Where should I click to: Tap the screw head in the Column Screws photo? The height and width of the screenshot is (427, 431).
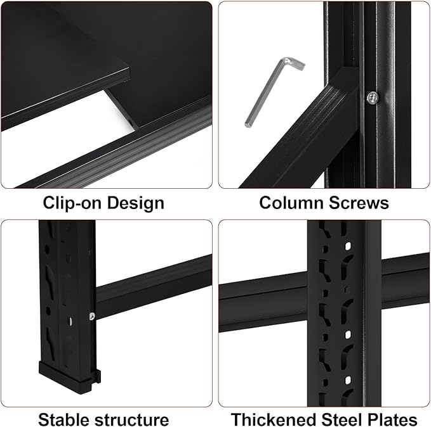point(371,96)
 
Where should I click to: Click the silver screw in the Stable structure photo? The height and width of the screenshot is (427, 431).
point(93,315)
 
